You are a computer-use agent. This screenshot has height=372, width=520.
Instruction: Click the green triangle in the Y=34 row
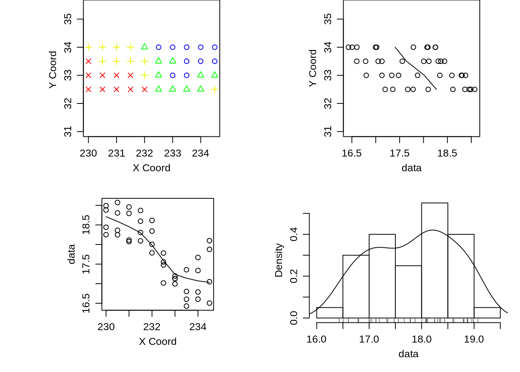(x=145, y=47)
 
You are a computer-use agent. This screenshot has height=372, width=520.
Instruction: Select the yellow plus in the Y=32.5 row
(x=215, y=90)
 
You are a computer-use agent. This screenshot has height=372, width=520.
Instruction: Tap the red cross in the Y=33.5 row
(x=89, y=61)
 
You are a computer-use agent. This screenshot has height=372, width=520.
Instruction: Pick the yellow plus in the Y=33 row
(x=145, y=75)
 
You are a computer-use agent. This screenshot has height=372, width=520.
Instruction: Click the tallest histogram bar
(x=434, y=260)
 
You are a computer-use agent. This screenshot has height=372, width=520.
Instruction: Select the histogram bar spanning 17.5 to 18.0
(x=408, y=291)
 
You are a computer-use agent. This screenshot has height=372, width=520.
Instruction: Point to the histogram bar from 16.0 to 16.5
(x=330, y=313)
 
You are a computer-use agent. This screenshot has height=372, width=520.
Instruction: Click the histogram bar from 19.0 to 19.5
(x=487, y=313)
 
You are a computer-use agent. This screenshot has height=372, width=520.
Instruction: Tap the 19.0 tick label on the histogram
(x=474, y=339)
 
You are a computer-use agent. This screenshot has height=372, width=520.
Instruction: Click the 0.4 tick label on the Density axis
(x=294, y=234)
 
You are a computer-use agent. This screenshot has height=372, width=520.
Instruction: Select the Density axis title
(x=279, y=260)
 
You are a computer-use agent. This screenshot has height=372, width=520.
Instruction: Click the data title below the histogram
(x=408, y=354)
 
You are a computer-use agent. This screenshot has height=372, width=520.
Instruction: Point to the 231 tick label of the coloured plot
(x=116, y=153)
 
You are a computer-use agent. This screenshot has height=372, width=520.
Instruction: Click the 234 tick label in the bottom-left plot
(x=198, y=327)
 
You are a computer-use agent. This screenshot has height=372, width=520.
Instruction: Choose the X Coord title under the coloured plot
(x=151, y=168)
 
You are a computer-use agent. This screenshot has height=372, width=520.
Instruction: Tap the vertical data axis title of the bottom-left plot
(x=72, y=254)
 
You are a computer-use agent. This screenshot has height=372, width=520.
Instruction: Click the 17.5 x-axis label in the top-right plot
(x=399, y=153)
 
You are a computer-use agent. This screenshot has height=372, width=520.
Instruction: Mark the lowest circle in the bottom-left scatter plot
(x=186, y=306)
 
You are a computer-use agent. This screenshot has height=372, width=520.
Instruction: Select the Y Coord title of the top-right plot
(x=313, y=68)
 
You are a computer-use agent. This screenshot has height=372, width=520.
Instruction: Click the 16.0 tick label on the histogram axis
(x=316, y=339)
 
